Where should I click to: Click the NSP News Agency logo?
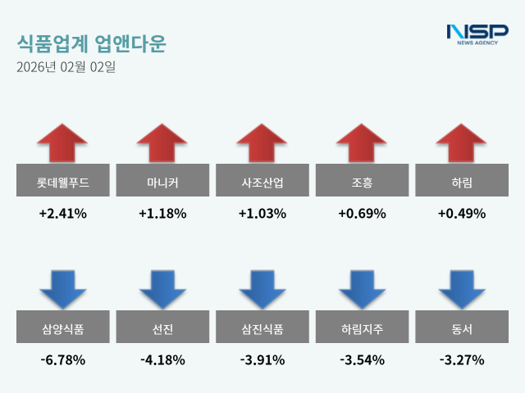coord(477,34)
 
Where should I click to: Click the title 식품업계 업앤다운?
coord(90,43)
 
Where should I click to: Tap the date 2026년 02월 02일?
coord(66,67)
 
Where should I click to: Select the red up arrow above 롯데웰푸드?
coord(62,142)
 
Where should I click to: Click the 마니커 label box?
coord(162,183)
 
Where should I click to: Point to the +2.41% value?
coord(62,214)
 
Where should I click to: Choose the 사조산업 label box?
coord(262,183)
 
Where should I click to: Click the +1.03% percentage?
coord(262,214)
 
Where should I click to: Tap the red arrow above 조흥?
coord(363,142)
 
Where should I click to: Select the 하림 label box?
coord(463,183)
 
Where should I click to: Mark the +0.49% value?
coord(463,214)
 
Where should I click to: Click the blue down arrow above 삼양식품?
coord(62,288)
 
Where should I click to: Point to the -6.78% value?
coord(62,359)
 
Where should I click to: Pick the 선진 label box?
coord(162,329)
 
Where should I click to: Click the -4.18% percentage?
coord(162,359)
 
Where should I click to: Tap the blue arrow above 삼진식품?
coord(262,288)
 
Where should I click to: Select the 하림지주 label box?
coord(363,329)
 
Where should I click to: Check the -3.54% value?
coord(363,359)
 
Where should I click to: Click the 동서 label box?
coord(463,329)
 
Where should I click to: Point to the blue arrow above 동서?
coord(463,288)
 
